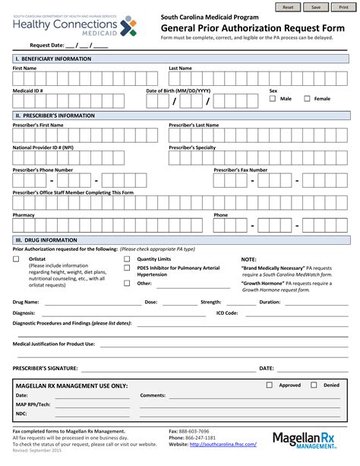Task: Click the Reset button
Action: coord(287,6)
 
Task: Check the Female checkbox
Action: coord(307,99)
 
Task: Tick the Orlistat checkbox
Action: coord(17,259)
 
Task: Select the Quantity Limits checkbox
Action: coord(127,259)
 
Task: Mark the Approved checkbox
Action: coord(269,385)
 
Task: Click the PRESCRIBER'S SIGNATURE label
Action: coord(46,368)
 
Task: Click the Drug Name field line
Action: coord(90,303)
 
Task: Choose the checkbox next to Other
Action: coord(127,284)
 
